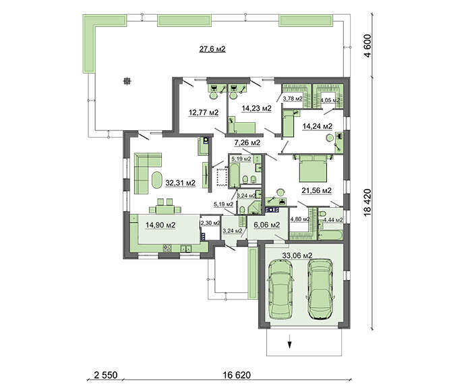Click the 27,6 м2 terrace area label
[212, 49]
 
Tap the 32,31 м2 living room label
[181, 183]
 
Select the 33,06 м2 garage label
[297, 256]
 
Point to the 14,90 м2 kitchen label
[160, 225]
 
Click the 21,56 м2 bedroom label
[317, 190]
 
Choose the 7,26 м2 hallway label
[247, 142]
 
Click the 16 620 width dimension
[237, 375]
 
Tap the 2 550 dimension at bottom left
[105, 375]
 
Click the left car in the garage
[281, 289]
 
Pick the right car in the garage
[320, 289]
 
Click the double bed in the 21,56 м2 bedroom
[313, 168]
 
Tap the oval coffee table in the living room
[157, 180]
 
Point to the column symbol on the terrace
[127, 81]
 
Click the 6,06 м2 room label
[267, 225]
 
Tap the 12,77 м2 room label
[204, 113]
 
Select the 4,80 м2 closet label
[299, 219]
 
